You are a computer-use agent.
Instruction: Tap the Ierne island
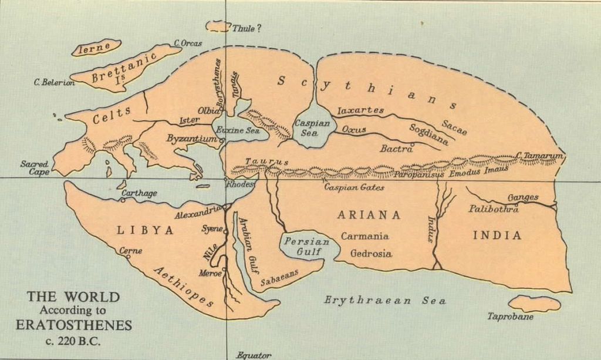(96, 48)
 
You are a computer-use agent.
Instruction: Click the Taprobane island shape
(534, 304)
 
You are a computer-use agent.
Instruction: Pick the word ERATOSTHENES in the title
(73, 325)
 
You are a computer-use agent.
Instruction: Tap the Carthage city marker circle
(123, 200)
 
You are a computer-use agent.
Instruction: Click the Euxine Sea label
(237, 130)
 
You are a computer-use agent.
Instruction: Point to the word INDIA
(497, 235)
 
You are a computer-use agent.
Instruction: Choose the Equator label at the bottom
(254, 355)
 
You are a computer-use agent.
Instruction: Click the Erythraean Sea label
(385, 300)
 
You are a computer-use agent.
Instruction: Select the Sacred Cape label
(34, 168)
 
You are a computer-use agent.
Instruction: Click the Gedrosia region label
(370, 254)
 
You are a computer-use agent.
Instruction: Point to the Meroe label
(210, 273)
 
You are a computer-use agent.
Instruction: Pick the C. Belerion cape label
(53, 83)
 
